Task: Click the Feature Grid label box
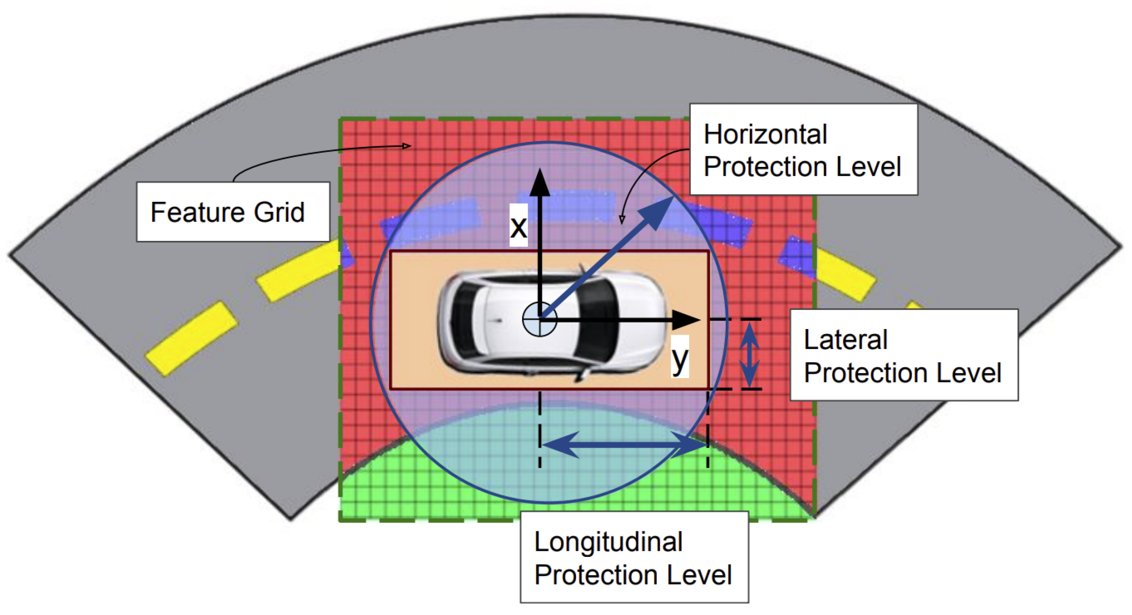[233, 212]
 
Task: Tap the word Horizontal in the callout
[765, 135]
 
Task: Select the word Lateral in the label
[845, 340]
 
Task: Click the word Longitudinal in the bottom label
[608, 542]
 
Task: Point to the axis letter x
[518, 226]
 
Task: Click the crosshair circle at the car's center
[539, 320]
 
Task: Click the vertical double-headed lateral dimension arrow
[749, 354]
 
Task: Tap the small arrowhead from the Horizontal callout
[622, 220]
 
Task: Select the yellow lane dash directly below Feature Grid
[298, 271]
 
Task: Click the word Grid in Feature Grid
[279, 212]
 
